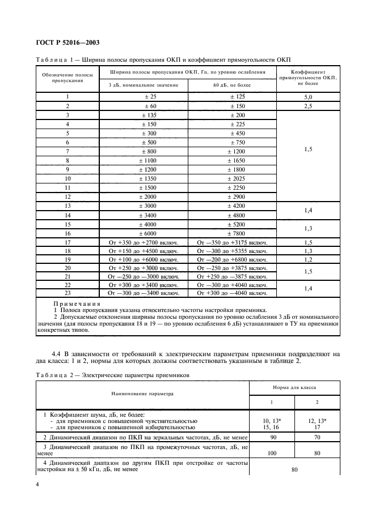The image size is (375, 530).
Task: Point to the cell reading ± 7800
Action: pyautogui.click(x=232, y=233)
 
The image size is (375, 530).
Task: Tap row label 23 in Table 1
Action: pyautogui.click(x=68, y=293)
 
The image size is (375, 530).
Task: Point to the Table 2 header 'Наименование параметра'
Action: pyautogui.click(x=142, y=392)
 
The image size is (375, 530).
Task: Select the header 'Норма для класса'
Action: pyautogui.click(x=294, y=387)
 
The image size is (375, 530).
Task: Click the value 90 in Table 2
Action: pyautogui.click(x=272, y=438)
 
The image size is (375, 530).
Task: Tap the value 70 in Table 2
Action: pyautogui.click(x=317, y=438)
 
